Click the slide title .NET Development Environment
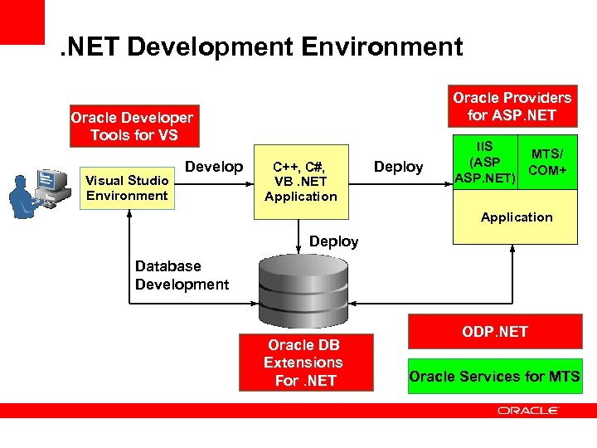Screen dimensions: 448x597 coord(262,46)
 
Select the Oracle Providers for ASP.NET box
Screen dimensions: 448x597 coord(512,106)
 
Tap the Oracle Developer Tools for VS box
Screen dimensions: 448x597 coord(133,126)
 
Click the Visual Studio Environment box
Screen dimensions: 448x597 coord(128,187)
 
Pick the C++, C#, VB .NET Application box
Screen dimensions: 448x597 coord(300,183)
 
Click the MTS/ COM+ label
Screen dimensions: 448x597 coord(547,162)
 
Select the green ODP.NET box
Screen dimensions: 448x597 coord(494,332)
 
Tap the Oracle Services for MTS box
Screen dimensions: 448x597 coord(494,376)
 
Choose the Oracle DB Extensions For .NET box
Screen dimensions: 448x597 coord(303,363)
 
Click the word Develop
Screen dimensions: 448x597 coord(214,167)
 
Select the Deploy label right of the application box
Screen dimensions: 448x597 coord(398,167)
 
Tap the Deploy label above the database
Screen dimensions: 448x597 coord(333,241)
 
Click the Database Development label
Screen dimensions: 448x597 coord(182,275)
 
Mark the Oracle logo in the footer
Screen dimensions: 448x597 coord(528,410)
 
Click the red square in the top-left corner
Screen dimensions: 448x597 coord(22,22)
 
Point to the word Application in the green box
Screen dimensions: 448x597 coord(517,217)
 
